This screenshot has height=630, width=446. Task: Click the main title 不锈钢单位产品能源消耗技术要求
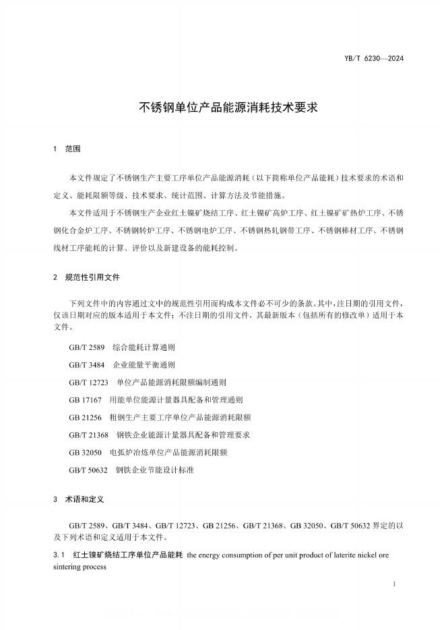tap(223, 106)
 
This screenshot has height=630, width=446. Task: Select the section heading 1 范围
tap(67, 149)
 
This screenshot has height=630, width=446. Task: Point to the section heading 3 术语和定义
tap(78, 501)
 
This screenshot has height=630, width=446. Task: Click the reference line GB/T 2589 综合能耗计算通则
tap(122, 348)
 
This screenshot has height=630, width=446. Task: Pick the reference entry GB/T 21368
tap(159, 435)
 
